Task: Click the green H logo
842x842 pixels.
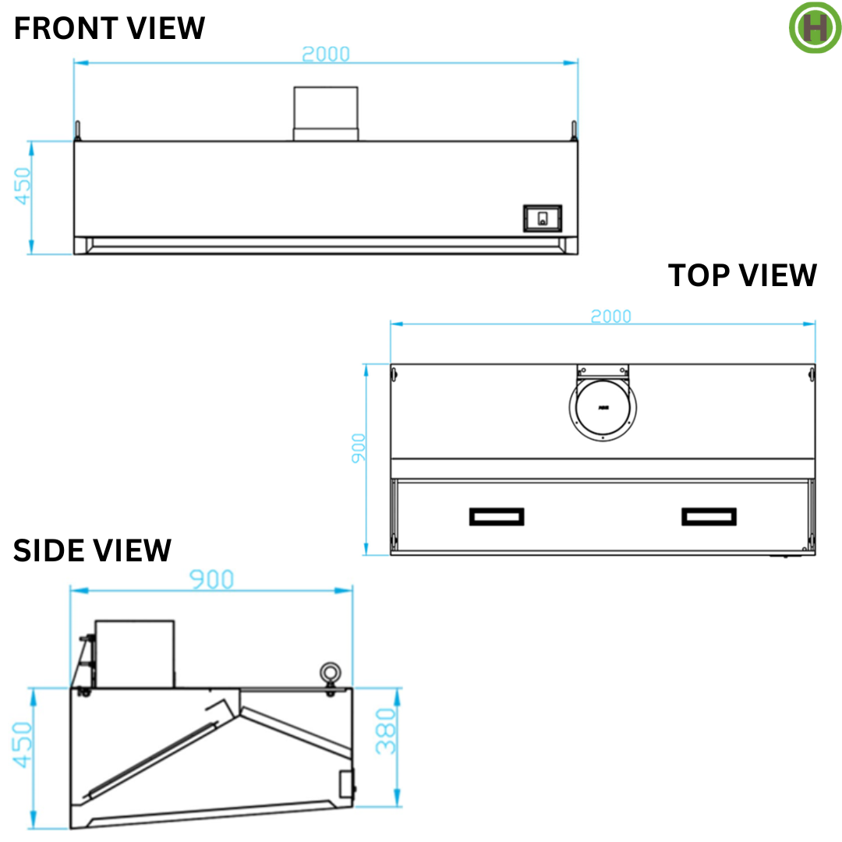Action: click(x=815, y=27)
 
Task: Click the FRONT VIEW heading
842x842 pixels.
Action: click(x=110, y=29)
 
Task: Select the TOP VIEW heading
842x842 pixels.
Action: click(x=742, y=275)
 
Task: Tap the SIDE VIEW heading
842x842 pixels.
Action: click(x=92, y=550)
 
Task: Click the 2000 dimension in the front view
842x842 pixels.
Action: click(x=326, y=54)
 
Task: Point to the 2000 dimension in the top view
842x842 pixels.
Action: click(x=610, y=316)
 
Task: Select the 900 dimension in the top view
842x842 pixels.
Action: click(x=359, y=448)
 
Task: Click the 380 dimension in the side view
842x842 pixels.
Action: click(x=387, y=731)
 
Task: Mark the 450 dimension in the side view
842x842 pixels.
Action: click(x=23, y=744)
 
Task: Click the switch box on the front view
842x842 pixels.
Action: click(x=542, y=218)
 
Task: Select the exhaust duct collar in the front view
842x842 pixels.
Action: click(x=325, y=114)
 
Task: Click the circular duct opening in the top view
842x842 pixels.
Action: click(x=603, y=407)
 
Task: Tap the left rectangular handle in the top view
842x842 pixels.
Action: click(x=497, y=516)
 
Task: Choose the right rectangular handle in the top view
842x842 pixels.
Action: click(x=709, y=516)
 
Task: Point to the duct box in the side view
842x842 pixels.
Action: click(x=134, y=653)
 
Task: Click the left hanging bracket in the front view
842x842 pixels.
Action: click(x=77, y=129)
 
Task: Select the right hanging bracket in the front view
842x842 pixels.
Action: click(x=575, y=129)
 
